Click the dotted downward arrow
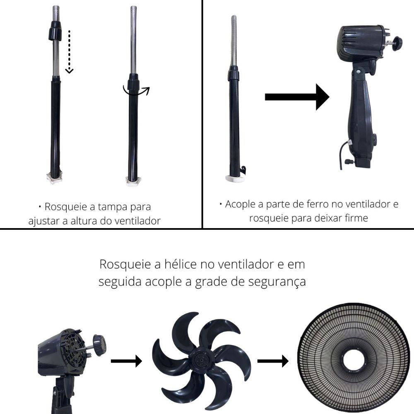point(69,52)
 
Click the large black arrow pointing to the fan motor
point(297,97)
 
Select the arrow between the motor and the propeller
point(126,361)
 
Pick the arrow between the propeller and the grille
point(273,361)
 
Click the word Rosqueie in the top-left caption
point(66,207)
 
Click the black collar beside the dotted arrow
point(55,31)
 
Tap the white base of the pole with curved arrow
point(133,182)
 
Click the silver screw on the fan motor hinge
point(358,71)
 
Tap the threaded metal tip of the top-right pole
point(233,40)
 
